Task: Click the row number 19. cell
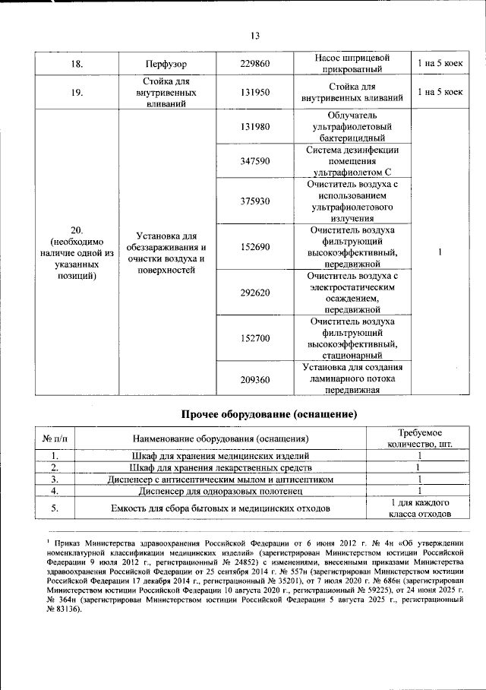[x=77, y=92]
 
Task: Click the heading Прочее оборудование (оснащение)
[x=268, y=414]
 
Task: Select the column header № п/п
[x=58, y=438]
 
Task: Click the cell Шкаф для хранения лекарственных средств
[x=220, y=467]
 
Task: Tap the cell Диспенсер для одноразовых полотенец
[x=220, y=492]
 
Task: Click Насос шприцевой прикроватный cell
[x=352, y=64]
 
